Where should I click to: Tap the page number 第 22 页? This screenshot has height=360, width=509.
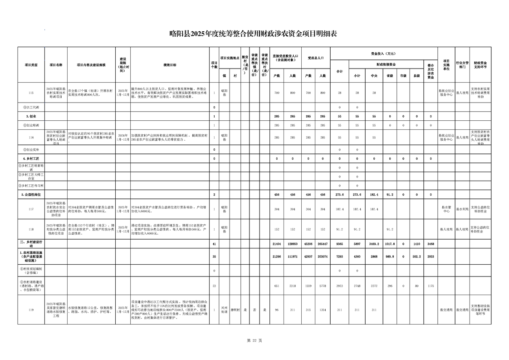(x=254, y=340)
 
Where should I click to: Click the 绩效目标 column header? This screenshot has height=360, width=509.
(x=170, y=65)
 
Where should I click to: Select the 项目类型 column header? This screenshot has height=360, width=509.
(x=31, y=65)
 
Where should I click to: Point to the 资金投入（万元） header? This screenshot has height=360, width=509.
(x=383, y=53)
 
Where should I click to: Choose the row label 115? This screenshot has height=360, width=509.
(x=31, y=93)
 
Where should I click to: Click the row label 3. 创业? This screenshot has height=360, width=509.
(x=31, y=116)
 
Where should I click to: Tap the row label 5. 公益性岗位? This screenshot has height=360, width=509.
(x=31, y=194)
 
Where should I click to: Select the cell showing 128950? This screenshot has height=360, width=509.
(x=293, y=244)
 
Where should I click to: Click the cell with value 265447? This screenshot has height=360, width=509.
(x=323, y=244)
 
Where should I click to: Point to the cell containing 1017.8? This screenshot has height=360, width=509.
(x=389, y=244)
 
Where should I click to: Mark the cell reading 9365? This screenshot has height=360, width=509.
(x=339, y=244)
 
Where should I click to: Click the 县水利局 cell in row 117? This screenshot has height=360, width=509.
(x=462, y=209)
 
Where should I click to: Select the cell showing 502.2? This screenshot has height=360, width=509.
(x=416, y=256)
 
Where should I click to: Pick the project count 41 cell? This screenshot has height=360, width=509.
(x=214, y=244)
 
